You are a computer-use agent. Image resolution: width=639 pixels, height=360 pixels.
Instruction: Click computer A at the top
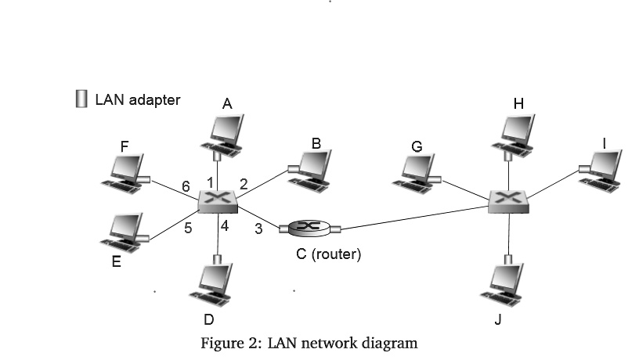(224, 131)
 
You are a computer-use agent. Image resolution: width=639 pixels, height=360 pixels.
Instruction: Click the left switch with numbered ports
(218, 201)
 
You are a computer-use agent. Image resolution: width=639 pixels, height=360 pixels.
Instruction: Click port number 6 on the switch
(186, 186)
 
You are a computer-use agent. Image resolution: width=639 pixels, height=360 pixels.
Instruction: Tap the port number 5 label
(188, 229)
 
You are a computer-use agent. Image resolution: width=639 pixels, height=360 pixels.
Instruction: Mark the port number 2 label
(244, 185)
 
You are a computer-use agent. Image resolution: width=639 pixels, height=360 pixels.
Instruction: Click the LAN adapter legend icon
(81, 99)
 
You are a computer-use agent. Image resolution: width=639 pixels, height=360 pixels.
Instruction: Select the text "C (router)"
(323, 254)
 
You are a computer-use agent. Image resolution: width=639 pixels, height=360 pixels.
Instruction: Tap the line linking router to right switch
(415, 218)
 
